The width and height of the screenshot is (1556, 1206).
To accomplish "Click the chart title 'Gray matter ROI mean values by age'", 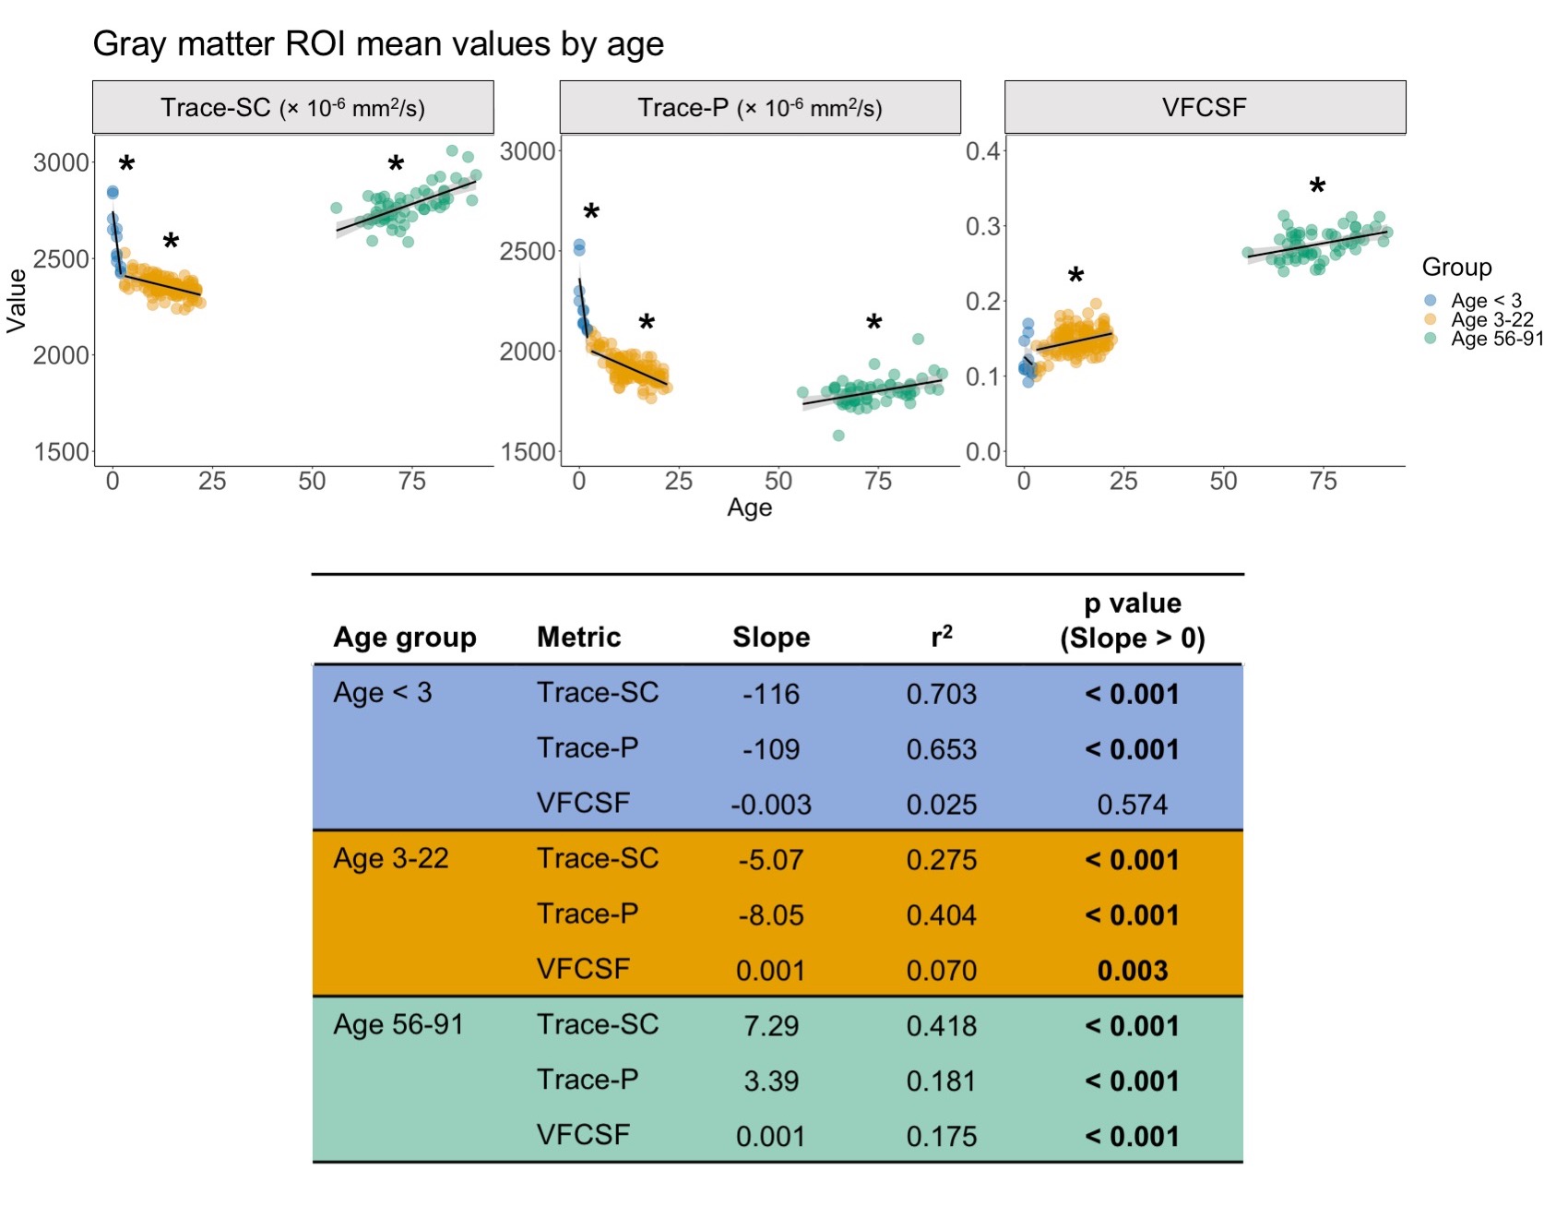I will [x=378, y=44].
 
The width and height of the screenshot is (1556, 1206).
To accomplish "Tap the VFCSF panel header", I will [x=1204, y=107].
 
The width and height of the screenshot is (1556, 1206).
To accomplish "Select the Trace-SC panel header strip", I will [x=292, y=107].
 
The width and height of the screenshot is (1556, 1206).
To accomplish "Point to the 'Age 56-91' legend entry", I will [x=1496, y=339].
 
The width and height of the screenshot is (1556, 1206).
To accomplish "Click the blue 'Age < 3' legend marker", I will [x=1431, y=300].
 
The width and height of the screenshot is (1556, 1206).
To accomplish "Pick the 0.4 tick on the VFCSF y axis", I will [x=982, y=150].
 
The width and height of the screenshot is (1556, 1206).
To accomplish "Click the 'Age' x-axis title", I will [x=749, y=507].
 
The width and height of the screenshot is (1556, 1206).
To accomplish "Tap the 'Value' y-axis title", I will [x=17, y=301].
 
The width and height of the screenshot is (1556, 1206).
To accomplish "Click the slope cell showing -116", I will [x=771, y=694].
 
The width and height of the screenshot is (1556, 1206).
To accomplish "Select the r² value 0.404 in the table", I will [x=941, y=915].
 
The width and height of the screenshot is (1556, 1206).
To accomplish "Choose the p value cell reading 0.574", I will [x=1132, y=805].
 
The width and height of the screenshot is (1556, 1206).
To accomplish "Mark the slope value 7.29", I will [x=771, y=1026].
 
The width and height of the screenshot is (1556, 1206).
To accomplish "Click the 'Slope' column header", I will [x=771, y=637].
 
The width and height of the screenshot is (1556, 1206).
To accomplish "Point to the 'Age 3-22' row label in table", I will [x=391, y=859].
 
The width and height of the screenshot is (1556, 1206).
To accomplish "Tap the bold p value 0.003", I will [x=1132, y=971].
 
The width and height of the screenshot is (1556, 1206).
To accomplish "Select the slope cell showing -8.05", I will [x=771, y=915].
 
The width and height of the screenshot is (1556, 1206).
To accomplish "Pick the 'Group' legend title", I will [x=1456, y=268].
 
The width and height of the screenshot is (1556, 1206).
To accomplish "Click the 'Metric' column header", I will [x=578, y=637].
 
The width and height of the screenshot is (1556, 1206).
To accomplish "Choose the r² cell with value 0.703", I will [x=941, y=694].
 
